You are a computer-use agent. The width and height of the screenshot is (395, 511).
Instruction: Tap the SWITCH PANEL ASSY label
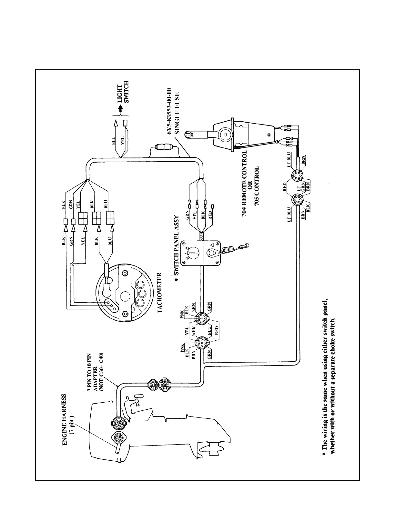click(176, 245)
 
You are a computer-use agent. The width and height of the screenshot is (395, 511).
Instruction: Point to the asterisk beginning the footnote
click(323, 456)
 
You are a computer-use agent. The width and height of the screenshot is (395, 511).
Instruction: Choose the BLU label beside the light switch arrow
click(114, 147)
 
